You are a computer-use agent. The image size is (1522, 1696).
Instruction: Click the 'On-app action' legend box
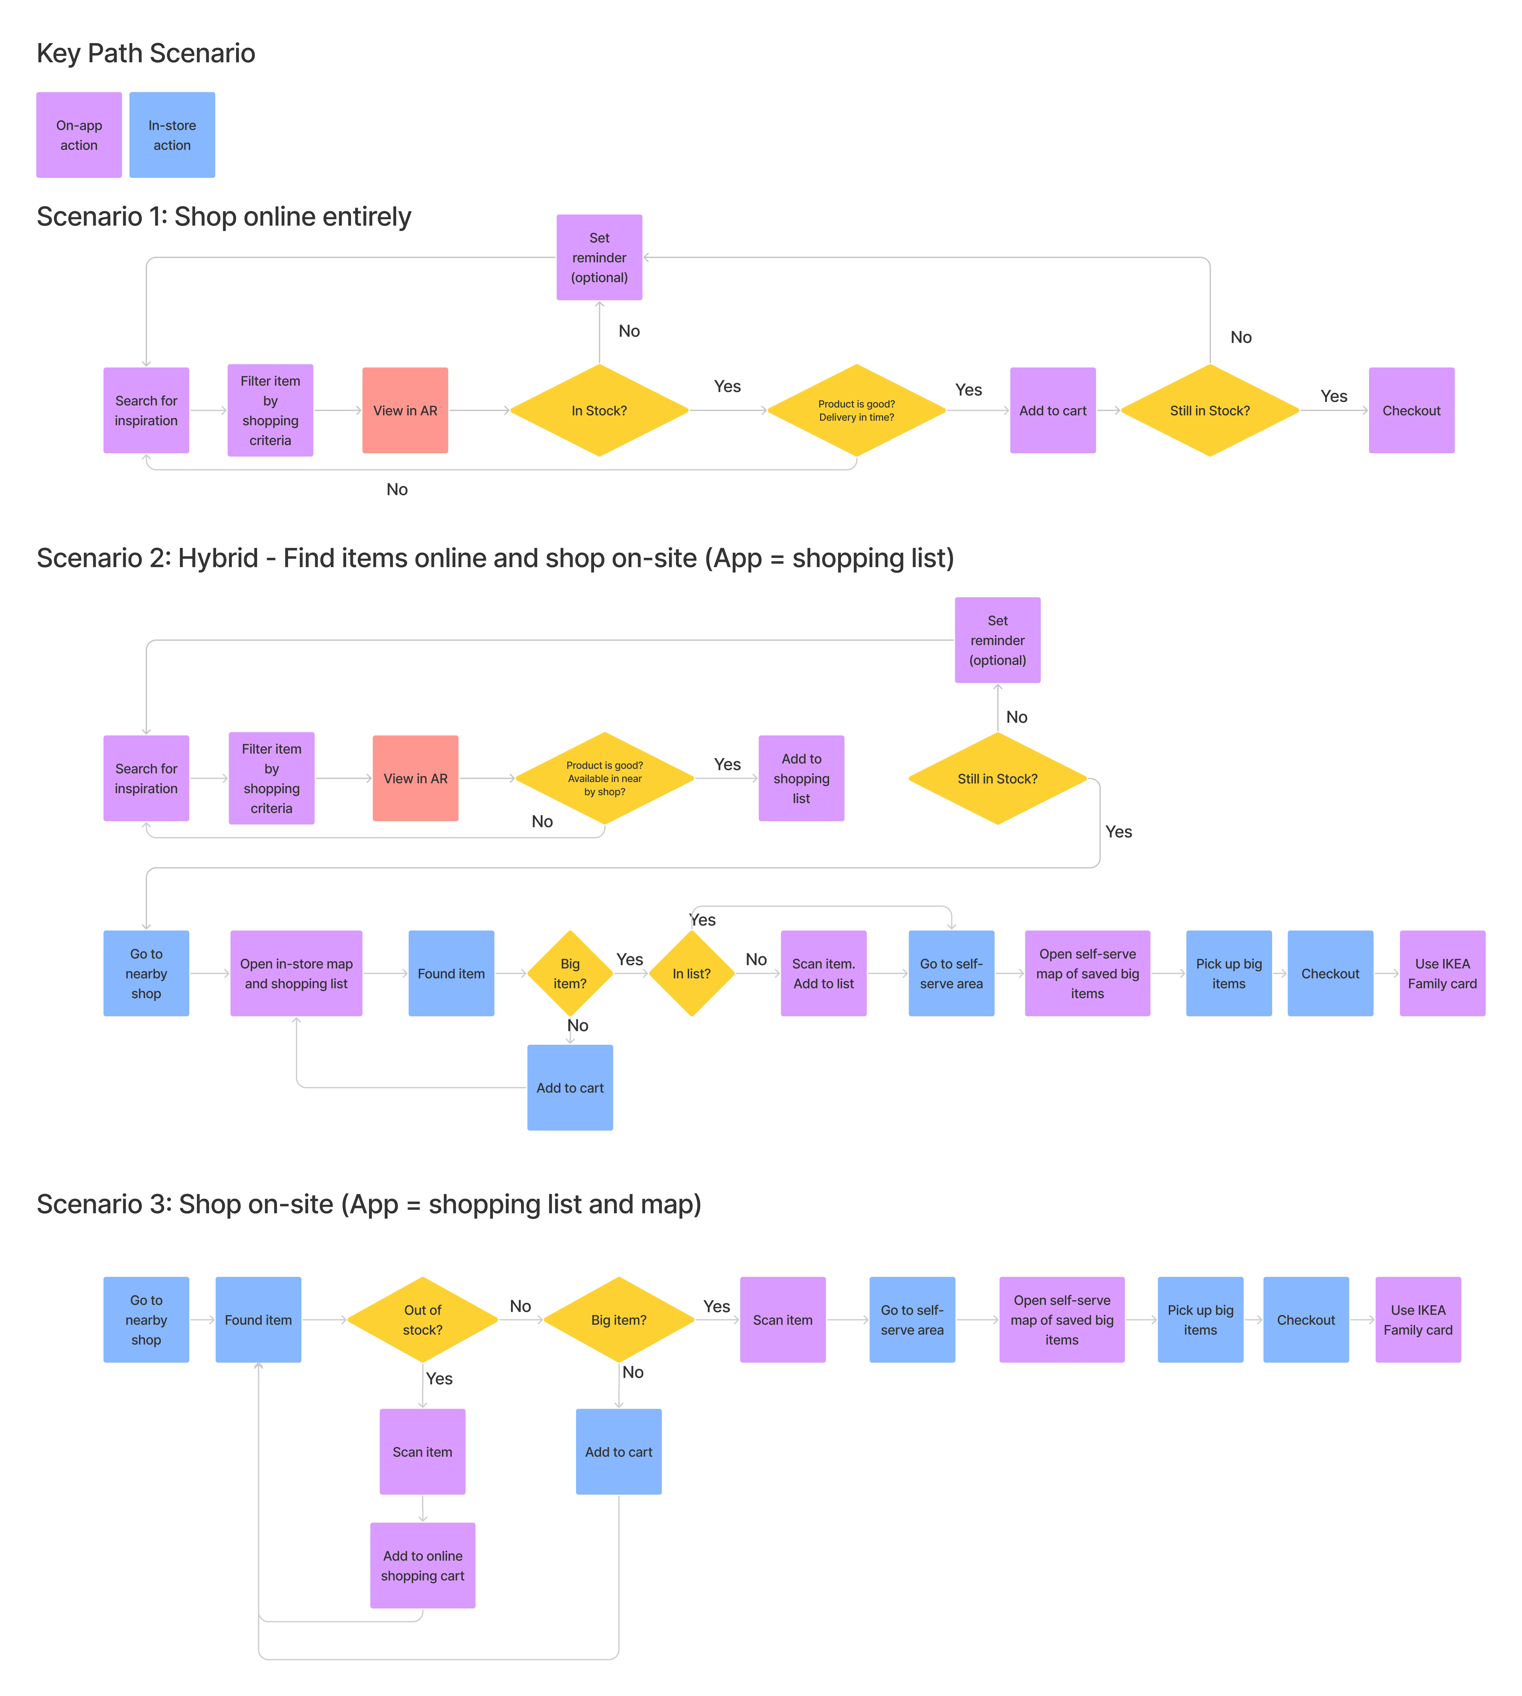click(79, 135)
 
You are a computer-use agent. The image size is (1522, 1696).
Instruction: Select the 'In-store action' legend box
click(172, 135)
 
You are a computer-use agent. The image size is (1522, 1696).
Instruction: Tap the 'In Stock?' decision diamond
click(599, 411)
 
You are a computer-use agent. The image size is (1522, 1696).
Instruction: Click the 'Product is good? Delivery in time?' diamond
click(856, 411)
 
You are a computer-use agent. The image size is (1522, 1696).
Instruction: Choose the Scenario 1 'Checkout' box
click(1411, 411)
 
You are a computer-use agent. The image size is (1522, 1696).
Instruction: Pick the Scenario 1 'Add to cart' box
click(1052, 411)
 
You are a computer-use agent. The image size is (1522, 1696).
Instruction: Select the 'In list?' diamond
click(692, 973)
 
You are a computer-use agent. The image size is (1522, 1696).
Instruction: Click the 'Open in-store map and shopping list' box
click(296, 973)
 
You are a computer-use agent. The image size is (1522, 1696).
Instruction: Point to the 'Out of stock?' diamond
click(422, 1320)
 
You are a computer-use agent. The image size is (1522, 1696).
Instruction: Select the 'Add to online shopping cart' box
click(422, 1565)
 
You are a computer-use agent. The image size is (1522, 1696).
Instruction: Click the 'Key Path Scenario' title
click(146, 53)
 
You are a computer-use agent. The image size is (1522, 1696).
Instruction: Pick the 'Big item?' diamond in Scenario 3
click(619, 1320)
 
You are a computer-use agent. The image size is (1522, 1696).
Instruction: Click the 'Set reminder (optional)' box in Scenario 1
click(599, 258)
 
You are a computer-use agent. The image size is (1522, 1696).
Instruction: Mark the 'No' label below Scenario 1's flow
click(396, 489)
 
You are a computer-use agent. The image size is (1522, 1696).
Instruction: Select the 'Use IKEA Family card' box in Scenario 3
click(1417, 1320)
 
